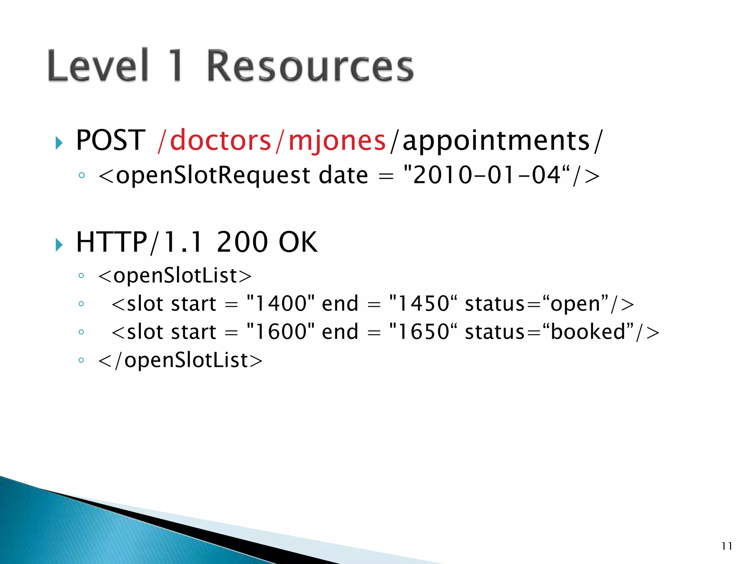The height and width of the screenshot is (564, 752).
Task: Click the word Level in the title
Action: click(98, 66)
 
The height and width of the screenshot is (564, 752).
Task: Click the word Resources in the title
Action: click(310, 66)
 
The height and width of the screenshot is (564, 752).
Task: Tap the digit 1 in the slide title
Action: click(176, 66)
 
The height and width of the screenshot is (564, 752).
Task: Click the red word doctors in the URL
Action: click(220, 140)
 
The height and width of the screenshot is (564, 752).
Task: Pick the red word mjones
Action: click(337, 141)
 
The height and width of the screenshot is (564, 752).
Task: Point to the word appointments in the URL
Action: click(496, 141)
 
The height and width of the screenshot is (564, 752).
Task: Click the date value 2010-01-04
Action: click(487, 175)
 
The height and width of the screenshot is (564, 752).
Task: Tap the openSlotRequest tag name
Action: click(213, 176)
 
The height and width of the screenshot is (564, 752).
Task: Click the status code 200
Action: click(242, 242)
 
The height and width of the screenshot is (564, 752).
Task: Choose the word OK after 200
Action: click(298, 242)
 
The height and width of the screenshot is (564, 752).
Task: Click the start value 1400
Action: click(281, 304)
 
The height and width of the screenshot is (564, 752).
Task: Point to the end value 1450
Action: click(424, 304)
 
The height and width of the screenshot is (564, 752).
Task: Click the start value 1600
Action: click(281, 332)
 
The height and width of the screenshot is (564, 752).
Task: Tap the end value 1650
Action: click(424, 332)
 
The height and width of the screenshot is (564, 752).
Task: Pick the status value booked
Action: click(588, 332)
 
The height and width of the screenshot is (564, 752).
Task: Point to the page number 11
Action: click(727, 546)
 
